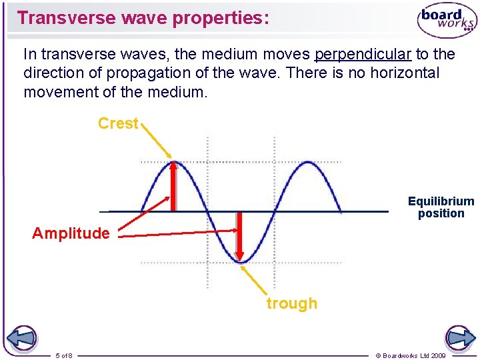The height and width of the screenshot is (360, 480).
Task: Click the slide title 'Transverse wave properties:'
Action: [x=143, y=17]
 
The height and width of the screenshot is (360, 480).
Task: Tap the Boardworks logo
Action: [x=447, y=21]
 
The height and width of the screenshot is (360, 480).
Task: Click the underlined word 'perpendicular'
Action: [x=363, y=53]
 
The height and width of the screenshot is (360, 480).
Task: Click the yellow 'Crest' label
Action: [x=118, y=123]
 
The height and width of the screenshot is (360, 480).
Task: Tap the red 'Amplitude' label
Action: [x=71, y=233]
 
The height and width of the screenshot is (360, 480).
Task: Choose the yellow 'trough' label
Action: [x=292, y=303]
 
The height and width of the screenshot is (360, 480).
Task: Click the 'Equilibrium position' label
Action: [x=441, y=207]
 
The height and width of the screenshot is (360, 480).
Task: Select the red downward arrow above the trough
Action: [x=240, y=235]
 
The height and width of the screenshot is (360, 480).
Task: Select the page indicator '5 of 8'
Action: [x=65, y=355]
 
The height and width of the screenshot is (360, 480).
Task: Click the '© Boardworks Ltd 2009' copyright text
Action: [x=411, y=355]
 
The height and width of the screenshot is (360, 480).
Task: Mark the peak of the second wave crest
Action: [x=307, y=162]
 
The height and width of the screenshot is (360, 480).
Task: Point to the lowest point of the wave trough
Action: [x=241, y=262]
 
